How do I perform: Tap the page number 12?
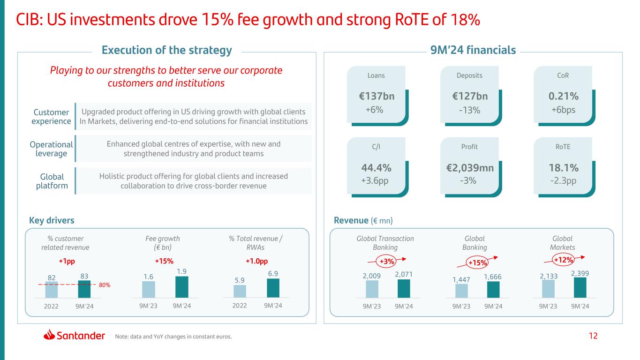[x=594, y=336]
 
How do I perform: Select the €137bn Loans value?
[x=376, y=97]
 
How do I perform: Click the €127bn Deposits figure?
[x=470, y=97]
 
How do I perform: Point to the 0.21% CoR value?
[x=563, y=97]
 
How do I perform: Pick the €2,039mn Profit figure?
[x=470, y=168]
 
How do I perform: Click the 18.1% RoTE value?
[x=563, y=168]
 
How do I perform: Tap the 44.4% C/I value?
[x=376, y=168]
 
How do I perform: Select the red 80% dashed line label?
[x=104, y=285]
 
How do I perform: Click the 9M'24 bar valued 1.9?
[x=182, y=287]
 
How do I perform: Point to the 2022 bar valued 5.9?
[x=240, y=291]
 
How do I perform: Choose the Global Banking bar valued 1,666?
[x=493, y=289]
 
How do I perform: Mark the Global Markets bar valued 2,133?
[x=548, y=288]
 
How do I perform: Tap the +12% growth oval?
[x=563, y=259]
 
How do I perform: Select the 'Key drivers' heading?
[x=52, y=220]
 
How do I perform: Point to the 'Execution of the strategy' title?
[x=167, y=50]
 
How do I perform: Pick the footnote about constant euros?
[x=173, y=336]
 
